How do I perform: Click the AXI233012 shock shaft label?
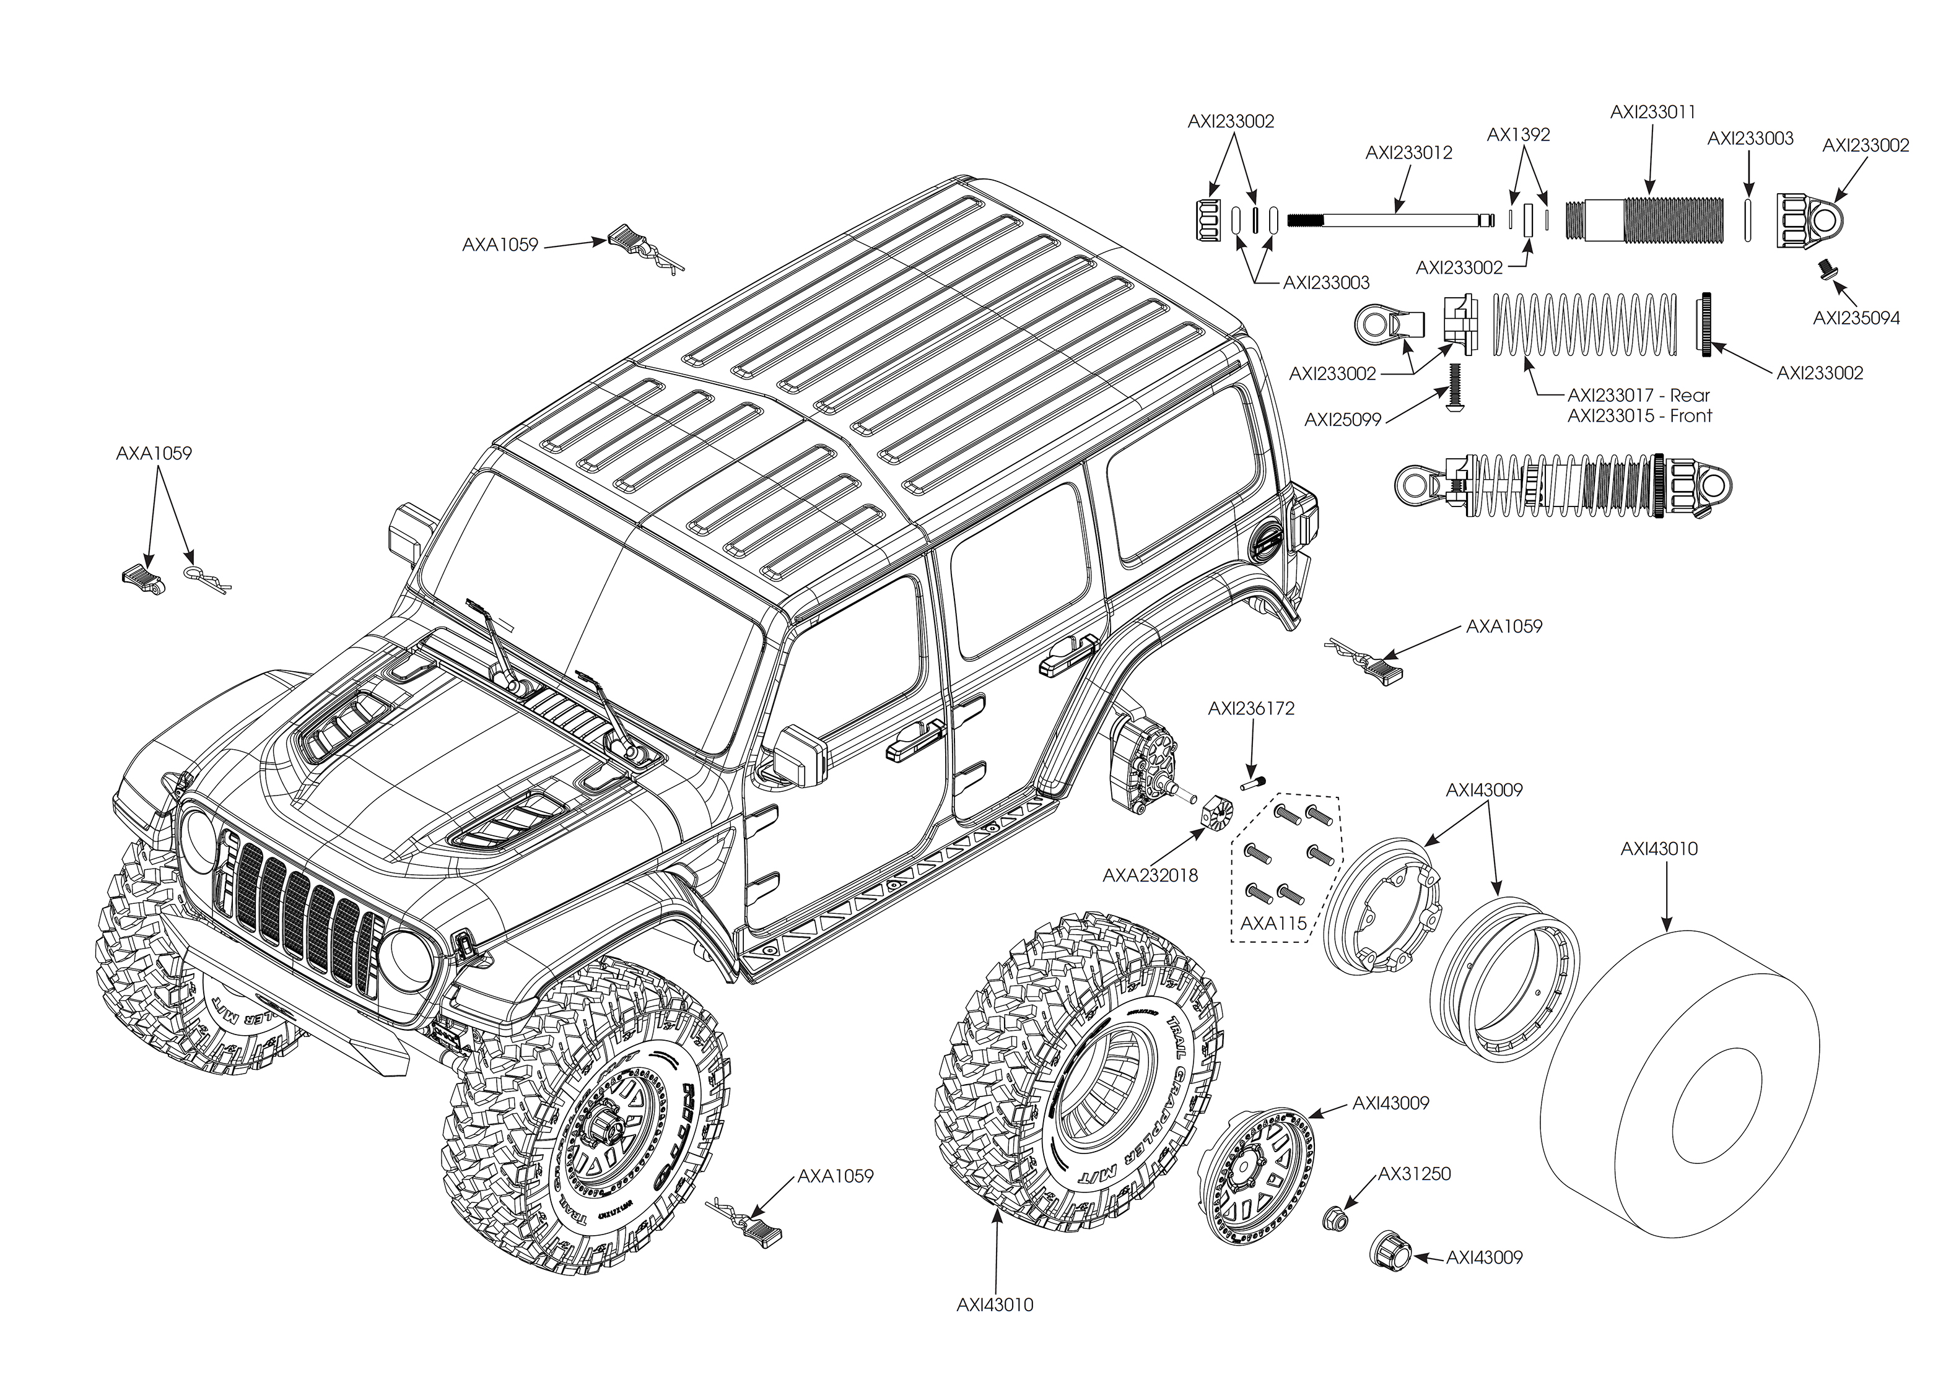[1409, 153]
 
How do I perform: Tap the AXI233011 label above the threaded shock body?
[1652, 112]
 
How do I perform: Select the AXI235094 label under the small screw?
[1856, 318]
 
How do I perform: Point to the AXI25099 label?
[1343, 420]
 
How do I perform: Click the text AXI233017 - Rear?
[1638, 396]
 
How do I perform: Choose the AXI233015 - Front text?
[1639, 416]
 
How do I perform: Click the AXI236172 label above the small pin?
[1251, 708]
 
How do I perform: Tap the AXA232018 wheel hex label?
[1150, 876]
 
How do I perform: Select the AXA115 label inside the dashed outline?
[1273, 923]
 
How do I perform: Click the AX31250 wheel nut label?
[1414, 1173]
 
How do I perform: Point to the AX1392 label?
[1517, 135]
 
